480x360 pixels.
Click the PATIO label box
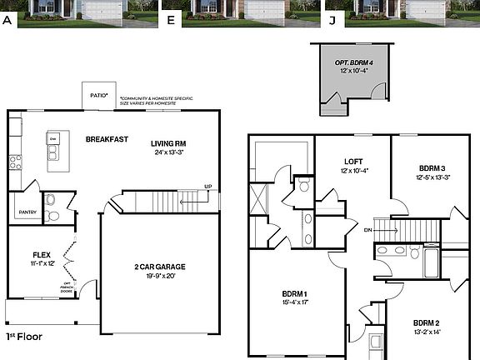[x=98, y=96]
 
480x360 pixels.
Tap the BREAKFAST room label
[x=107, y=139]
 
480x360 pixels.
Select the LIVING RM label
[x=168, y=142]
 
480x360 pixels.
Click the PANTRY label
[x=26, y=212]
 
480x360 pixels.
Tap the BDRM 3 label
[x=432, y=167]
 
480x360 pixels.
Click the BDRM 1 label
[x=294, y=293]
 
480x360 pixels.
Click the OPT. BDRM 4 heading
[x=352, y=62]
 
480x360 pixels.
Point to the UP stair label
[x=207, y=187]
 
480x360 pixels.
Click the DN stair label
[x=367, y=229]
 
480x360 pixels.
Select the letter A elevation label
[x=7, y=19]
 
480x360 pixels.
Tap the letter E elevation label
[x=171, y=19]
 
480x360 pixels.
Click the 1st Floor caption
[x=25, y=337]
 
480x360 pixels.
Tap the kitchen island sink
[x=53, y=152]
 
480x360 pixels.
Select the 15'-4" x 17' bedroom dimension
[x=294, y=302]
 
